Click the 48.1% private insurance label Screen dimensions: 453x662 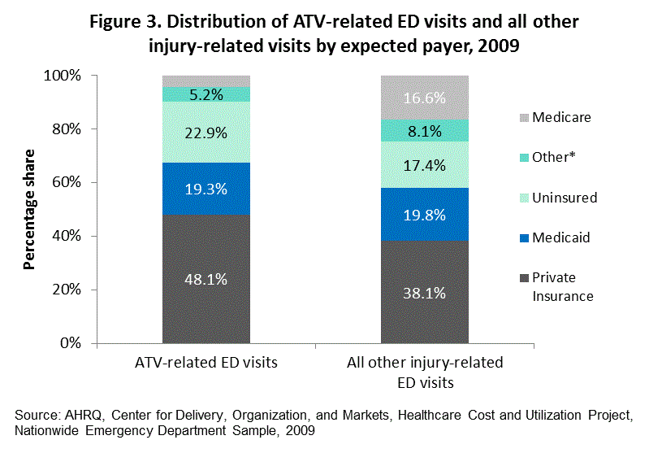[206, 278]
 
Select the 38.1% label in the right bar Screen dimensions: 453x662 [425, 294]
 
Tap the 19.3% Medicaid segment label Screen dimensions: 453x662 [206, 188]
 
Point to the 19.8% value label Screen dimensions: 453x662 [425, 215]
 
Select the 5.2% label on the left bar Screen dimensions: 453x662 [206, 94]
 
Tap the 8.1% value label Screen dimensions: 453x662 [425, 130]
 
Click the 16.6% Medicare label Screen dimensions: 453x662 [425, 98]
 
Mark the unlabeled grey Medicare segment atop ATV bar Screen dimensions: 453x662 [206, 81]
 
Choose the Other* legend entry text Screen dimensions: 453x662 [553, 157]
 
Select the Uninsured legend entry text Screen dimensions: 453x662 [565, 198]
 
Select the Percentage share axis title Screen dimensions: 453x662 [30, 209]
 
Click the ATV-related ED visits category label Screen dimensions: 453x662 [206, 364]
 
